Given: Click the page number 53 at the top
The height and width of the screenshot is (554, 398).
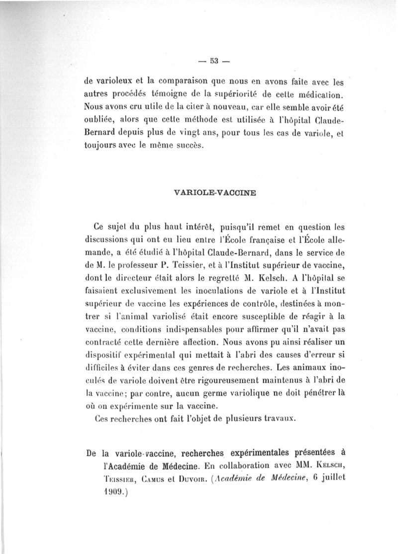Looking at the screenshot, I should coord(214,63).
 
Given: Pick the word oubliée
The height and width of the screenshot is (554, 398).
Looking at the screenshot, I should coord(101,121).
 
